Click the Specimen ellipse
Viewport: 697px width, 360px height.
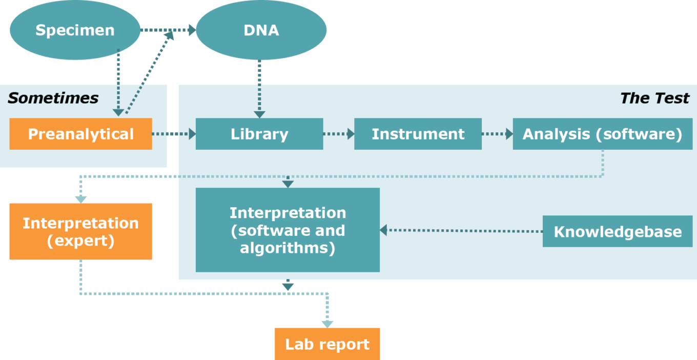(75, 30)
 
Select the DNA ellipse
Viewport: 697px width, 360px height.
(261, 30)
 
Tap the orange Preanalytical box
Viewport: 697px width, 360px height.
(80, 134)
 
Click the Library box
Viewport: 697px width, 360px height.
(259, 134)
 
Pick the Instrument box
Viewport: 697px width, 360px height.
(418, 134)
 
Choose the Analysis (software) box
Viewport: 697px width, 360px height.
(602, 134)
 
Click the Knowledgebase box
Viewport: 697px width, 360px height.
(618, 231)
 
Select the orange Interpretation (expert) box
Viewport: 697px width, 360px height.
(80, 231)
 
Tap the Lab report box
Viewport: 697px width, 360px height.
(327, 344)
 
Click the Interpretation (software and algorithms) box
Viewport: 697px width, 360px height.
(288, 230)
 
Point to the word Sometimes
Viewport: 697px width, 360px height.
(53, 98)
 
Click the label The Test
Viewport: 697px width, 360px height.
(654, 98)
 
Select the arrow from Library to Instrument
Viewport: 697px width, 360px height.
(339, 134)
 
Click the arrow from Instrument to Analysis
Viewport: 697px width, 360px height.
(497, 134)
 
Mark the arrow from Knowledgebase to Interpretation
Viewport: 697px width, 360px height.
(461, 231)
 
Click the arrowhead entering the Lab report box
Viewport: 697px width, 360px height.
(327, 324)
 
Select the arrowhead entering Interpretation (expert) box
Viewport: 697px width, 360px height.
(80, 199)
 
